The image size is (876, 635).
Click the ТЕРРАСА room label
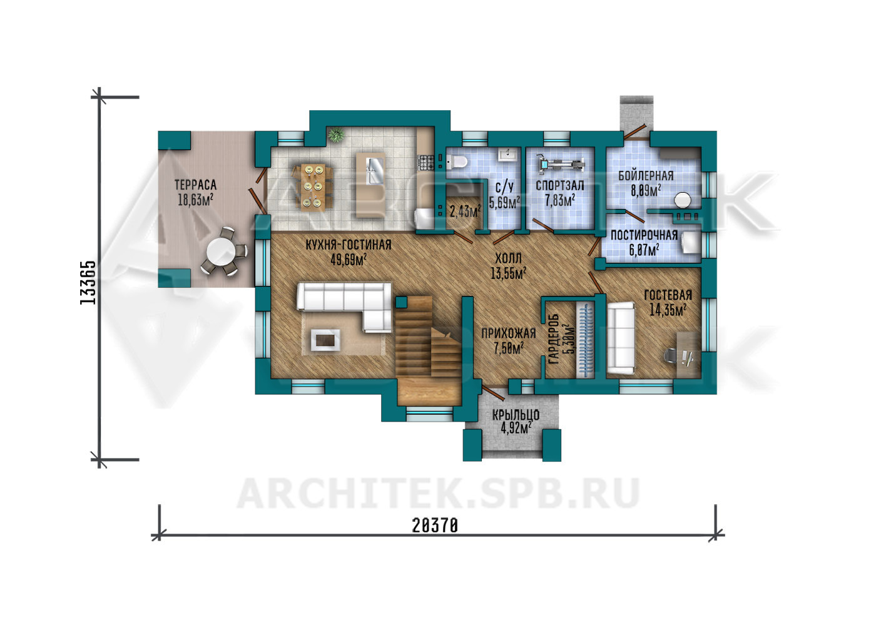pos(195,185)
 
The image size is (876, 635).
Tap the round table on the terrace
pos(222,253)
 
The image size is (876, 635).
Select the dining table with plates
pos(313,186)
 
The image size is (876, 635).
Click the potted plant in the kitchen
pos(335,135)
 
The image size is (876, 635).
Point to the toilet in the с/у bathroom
pos(456,161)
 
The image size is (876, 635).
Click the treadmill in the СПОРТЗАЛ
pos(561,163)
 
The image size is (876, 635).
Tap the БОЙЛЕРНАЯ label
pos(646,176)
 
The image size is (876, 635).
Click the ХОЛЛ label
pos(508,258)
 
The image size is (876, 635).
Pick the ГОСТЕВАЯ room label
pos(668,295)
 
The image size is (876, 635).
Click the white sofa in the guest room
pos(621,338)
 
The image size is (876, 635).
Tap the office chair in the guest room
pos(671,355)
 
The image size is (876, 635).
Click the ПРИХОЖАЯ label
pos(508,333)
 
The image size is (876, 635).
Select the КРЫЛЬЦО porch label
pos(516,415)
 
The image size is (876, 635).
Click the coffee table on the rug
pos(325,340)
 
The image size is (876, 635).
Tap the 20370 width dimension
pos(435,526)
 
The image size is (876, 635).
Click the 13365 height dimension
pos(88,282)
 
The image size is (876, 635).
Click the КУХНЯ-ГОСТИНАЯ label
pos(349,245)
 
